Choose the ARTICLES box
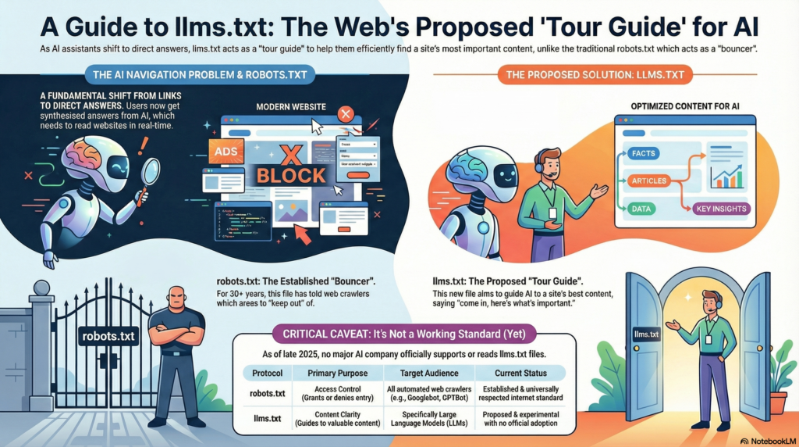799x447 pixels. tap(648, 181)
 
